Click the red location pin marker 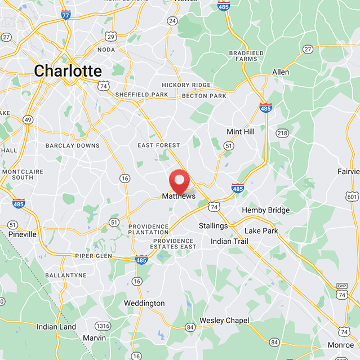[179, 181]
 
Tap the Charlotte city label [68, 71]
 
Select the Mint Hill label [241, 131]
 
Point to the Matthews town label [179, 196]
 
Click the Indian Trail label [229, 241]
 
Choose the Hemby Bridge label [265, 210]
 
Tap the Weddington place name [145, 303]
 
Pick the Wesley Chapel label [224, 320]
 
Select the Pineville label [23, 234]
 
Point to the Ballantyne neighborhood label [66, 275]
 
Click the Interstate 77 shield [66, 14]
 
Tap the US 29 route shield [111, 37]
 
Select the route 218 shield [282, 133]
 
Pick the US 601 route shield [353, 196]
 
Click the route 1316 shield [103, 326]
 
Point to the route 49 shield [28, 119]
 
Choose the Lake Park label [261, 230]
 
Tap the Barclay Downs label [73, 145]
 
